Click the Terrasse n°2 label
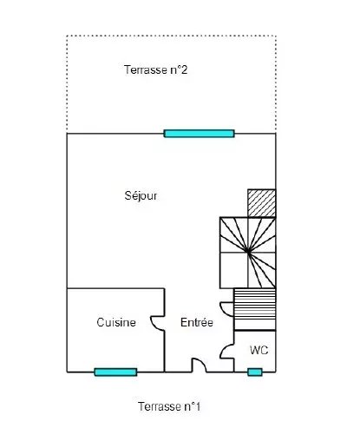point(155,69)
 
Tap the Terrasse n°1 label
point(169,406)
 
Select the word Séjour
point(141,195)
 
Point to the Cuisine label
point(116,322)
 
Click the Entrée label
point(197,322)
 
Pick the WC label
point(259,350)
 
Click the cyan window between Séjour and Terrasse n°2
point(199,134)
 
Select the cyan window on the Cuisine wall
point(115,372)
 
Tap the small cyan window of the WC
point(255,372)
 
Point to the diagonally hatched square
point(262,203)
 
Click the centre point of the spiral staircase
point(248,252)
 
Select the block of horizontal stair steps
point(255,309)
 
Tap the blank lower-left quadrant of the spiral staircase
point(233,270)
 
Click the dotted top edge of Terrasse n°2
point(171,36)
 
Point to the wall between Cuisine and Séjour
point(115,288)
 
